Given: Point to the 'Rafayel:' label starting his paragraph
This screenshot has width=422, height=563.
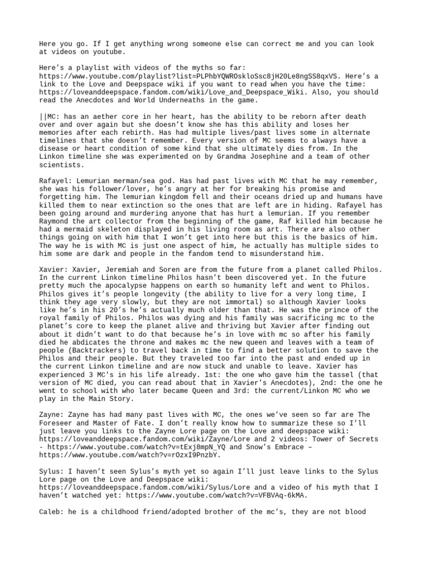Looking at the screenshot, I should (56, 181).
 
